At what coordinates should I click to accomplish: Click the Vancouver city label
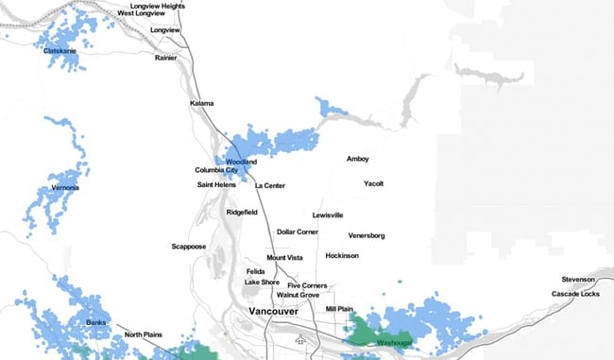pyautogui.click(x=274, y=311)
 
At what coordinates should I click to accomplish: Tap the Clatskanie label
pyautogui.click(x=60, y=51)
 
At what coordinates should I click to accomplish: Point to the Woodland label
pyautogui.click(x=241, y=162)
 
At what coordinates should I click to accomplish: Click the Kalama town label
pyautogui.click(x=201, y=103)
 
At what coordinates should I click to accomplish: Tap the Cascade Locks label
pyautogui.click(x=575, y=294)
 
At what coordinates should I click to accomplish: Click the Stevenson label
pyautogui.click(x=577, y=280)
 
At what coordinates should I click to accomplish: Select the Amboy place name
pyautogui.click(x=358, y=159)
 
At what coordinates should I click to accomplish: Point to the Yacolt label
pyautogui.click(x=373, y=183)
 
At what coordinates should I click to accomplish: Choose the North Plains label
pyautogui.click(x=145, y=334)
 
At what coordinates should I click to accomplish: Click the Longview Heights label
pyautogui.click(x=158, y=6)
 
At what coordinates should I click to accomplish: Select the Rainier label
pyautogui.click(x=166, y=58)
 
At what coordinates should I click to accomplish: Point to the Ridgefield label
pyautogui.click(x=242, y=213)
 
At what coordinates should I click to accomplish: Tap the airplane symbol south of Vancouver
pyautogui.click(x=300, y=338)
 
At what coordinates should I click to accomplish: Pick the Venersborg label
pyautogui.click(x=367, y=234)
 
